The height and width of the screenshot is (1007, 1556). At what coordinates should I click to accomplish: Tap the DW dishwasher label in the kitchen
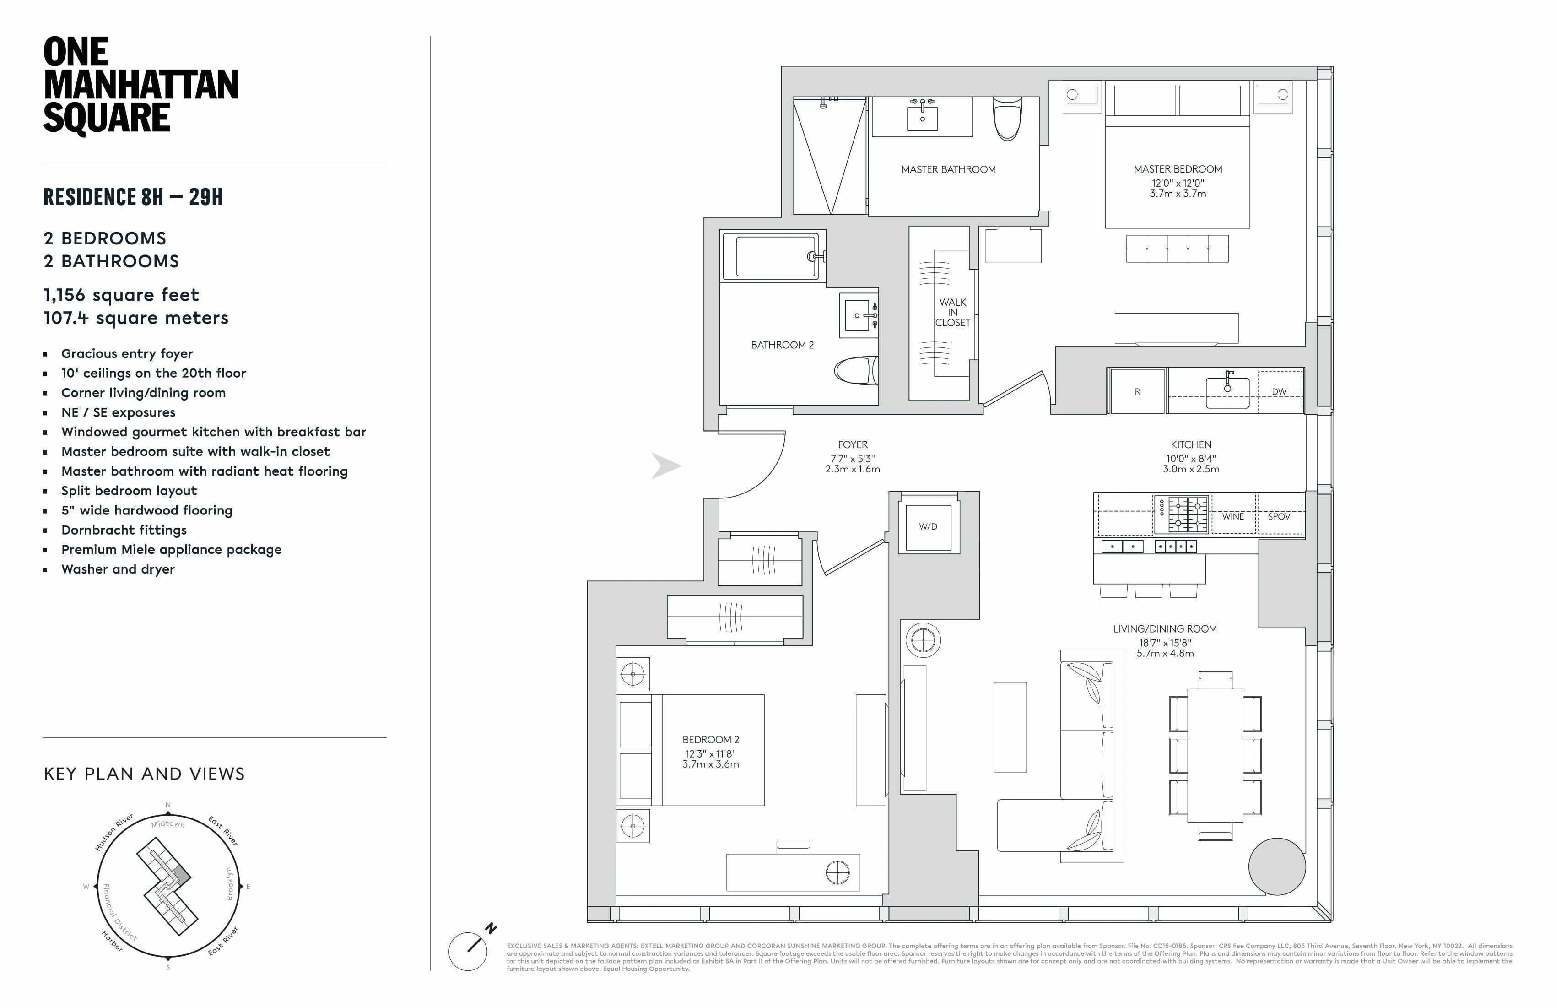(x=1279, y=392)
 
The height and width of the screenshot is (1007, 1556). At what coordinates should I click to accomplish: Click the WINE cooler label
(x=1233, y=517)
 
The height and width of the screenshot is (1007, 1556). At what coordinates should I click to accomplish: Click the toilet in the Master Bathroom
(x=1007, y=119)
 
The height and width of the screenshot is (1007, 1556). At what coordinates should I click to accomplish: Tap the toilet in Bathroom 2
(x=856, y=371)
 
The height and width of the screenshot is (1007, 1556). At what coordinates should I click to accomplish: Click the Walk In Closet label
(x=952, y=313)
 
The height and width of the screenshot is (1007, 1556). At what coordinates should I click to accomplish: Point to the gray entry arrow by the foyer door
(x=665, y=466)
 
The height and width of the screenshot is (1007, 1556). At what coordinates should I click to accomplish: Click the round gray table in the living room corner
(x=1277, y=866)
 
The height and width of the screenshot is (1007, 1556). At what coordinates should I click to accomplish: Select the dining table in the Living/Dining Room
(x=1215, y=755)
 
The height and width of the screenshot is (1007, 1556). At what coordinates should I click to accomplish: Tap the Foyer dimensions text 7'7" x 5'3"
(x=853, y=459)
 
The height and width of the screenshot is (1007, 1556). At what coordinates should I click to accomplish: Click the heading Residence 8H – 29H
(x=133, y=197)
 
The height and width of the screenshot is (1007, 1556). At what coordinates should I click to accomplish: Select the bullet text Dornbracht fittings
(x=124, y=531)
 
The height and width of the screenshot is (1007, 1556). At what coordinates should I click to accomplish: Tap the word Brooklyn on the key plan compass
(x=229, y=884)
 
